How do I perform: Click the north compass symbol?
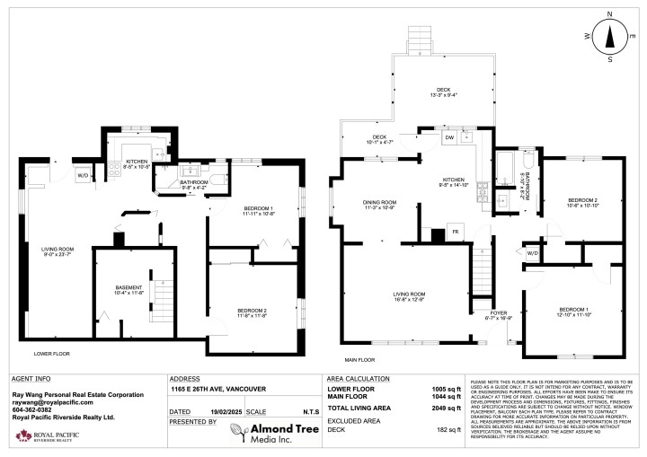[x=610, y=36]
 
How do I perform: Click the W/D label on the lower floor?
[x=83, y=175]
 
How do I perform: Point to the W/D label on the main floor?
[x=532, y=253]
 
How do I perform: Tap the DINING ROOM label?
[x=377, y=205]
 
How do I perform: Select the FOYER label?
[x=497, y=313]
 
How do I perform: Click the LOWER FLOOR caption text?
[x=53, y=354]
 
